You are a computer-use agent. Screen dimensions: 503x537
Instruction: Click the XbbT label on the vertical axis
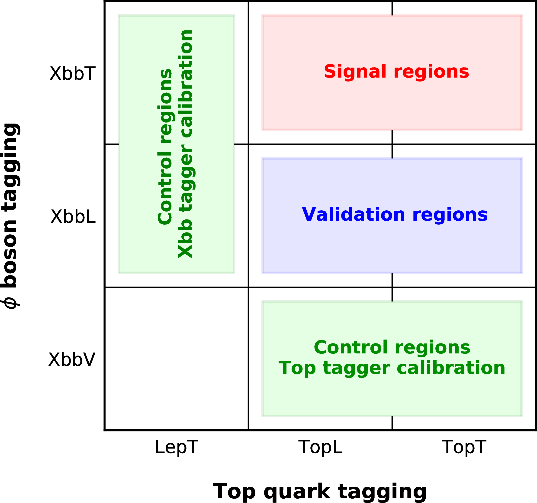point(72,73)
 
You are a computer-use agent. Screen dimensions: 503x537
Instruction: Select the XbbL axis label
point(73,216)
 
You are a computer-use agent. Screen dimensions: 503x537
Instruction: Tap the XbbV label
point(72,360)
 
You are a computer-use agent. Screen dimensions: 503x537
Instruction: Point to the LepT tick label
point(177,447)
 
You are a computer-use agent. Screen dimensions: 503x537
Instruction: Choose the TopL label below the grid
point(320,447)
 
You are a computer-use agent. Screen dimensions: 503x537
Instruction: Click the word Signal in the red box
point(355,72)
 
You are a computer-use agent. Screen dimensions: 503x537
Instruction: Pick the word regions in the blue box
point(450,215)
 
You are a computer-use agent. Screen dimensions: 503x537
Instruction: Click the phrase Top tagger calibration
point(392,368)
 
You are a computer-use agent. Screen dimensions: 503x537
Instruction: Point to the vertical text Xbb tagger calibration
point(185,144)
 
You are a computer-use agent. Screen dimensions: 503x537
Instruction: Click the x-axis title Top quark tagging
point(320,491)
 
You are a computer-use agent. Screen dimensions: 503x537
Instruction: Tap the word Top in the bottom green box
point(297,369)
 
